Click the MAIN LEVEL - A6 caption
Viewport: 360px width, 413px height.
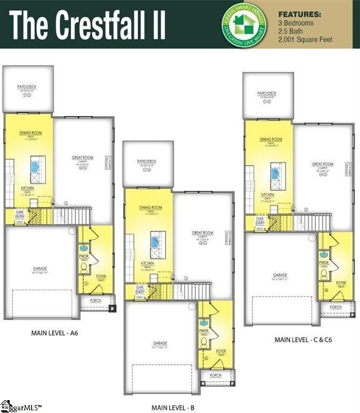(55, 333)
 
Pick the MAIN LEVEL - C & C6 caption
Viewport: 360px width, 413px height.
(301, 340)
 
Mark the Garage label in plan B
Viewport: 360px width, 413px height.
(160, 343)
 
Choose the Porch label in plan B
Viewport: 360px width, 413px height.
(215, 375)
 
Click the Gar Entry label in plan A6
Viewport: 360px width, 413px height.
(20, 215)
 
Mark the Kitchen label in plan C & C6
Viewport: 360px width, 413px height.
(267, 195)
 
